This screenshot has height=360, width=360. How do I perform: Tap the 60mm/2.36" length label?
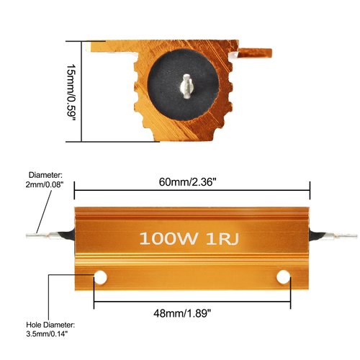point(192,181)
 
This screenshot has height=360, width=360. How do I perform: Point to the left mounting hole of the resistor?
point(101,276)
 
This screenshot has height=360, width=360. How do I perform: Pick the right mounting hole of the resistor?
point(283,276)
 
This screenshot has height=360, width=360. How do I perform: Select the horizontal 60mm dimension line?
point(192,191)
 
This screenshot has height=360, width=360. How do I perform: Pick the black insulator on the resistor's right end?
point(316,234)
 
